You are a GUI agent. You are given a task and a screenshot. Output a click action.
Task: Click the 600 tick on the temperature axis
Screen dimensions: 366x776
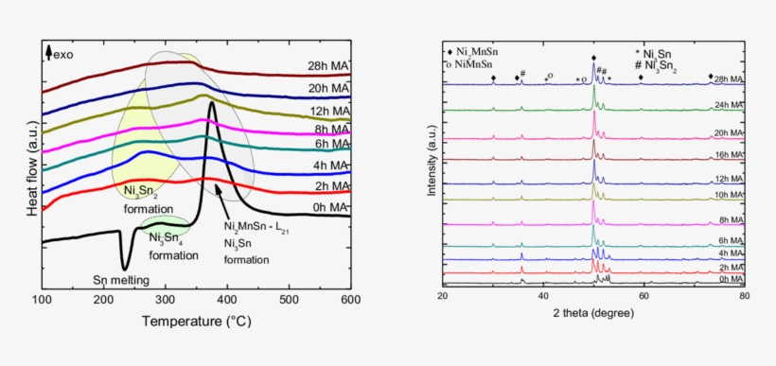[x=350, y=300]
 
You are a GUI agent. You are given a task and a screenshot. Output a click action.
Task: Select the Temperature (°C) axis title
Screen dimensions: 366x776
[x=196, y=322]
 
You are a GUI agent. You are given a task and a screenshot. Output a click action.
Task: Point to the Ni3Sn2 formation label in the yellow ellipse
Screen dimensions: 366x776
[x=148, y=199]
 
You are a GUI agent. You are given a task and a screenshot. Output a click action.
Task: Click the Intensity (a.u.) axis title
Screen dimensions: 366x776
[x=432, y=164]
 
